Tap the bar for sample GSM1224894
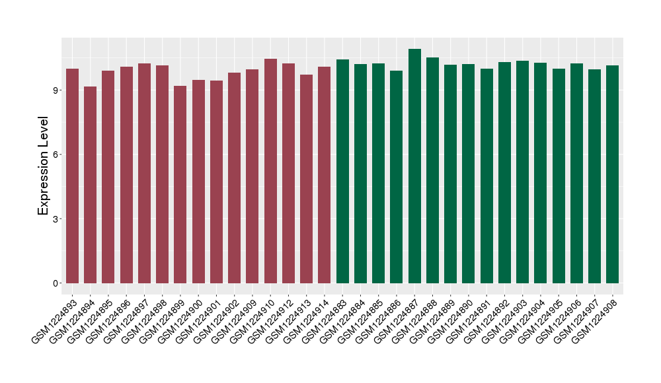click(90, 185)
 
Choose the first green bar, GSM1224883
click(342, 171)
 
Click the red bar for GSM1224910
click(270, 171)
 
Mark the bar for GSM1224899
click(180, 184)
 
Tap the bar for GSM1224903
click(523, 172)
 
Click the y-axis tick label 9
click(57, 90)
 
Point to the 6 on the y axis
click(57, 155)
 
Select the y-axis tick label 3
click(57, 219)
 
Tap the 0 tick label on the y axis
click(57, 283)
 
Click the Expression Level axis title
click(44, 166)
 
